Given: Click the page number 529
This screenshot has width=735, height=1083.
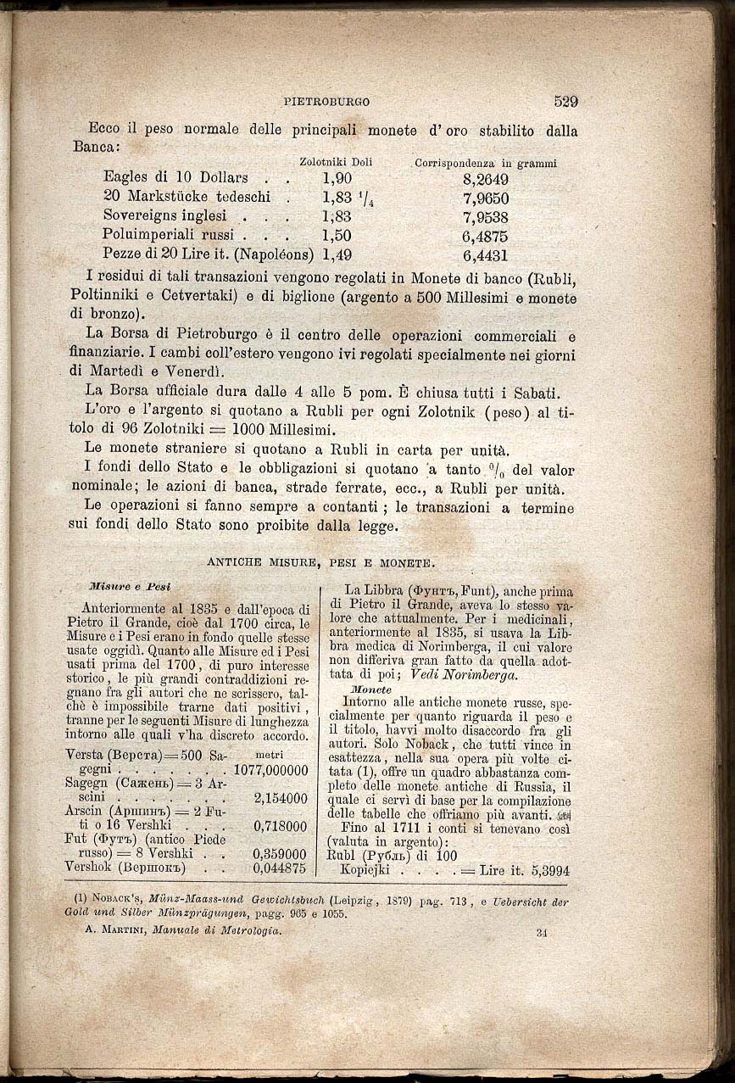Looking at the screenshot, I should tap(565, 101).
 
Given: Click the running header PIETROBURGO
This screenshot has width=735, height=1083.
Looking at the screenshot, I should tap(326, 102).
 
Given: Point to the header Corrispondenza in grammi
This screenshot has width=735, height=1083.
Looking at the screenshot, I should tap(485, 163).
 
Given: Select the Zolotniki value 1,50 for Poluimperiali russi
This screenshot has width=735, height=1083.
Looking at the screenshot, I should tap(337, 235).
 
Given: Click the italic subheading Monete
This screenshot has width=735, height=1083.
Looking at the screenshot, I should tap(370, 689).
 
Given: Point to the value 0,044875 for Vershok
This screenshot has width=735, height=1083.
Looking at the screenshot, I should tap(280, 868).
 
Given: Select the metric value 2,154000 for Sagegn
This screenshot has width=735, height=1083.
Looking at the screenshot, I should tap(280, 798).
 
